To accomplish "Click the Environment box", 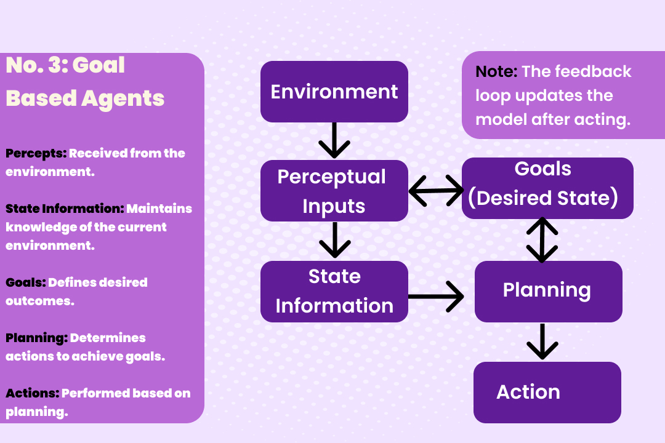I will [x=334, y=92].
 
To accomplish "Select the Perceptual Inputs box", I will [x=334, y=191].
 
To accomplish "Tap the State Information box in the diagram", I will [x=334, y=292].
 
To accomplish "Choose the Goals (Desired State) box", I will [x=547, y=188].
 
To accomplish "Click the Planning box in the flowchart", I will [x=548, y=291].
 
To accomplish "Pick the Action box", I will [x=547, y=392].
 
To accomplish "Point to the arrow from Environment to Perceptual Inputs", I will [x=334, y=140].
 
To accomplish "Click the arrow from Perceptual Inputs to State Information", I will [x=334, y=240].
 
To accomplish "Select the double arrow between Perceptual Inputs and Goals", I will [x=436, y=190].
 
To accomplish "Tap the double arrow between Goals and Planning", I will [x=542, y=239].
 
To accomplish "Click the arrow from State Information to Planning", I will [x=436, y=297].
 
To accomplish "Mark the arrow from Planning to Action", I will [x=542, y=341].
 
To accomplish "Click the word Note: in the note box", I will [x=496, y=71].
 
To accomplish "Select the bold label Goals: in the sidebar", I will [x=26, y=282].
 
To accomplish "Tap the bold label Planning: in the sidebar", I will [x=36, y=338].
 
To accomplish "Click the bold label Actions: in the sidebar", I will [x=33, y=393].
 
